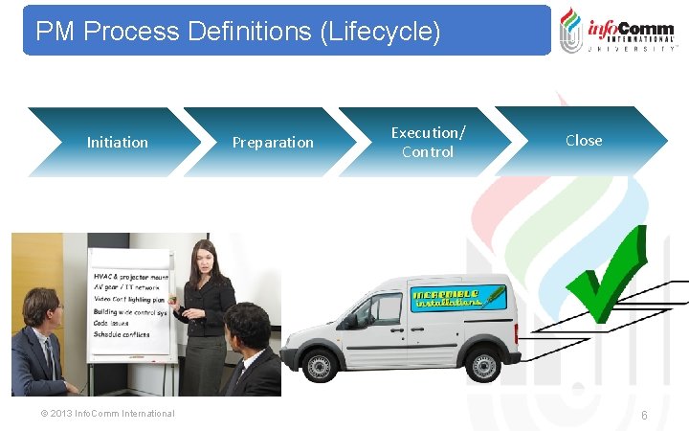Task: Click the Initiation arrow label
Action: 117,142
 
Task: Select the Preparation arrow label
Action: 273,142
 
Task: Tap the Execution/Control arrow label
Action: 428,142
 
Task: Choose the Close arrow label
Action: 584,140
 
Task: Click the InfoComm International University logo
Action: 616,29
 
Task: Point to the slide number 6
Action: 644,415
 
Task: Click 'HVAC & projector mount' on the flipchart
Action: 130,277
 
